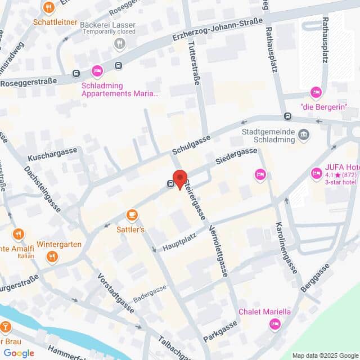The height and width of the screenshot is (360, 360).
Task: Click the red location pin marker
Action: click(179, 178)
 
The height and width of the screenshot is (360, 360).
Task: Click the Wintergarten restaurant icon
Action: click(52, 257)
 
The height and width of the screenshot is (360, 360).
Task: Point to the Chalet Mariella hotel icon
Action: click(274, 323)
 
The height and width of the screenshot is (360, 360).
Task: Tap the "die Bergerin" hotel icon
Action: click(316, 92)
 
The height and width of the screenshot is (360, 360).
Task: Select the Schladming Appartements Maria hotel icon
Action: click(97, 71)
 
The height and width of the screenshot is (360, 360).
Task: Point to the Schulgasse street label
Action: click(191, 145)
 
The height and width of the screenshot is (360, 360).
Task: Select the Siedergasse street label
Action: click(236, 156)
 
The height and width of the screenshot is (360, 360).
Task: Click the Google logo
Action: click(19, 353)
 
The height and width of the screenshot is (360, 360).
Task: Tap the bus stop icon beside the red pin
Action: click(170, 183)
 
